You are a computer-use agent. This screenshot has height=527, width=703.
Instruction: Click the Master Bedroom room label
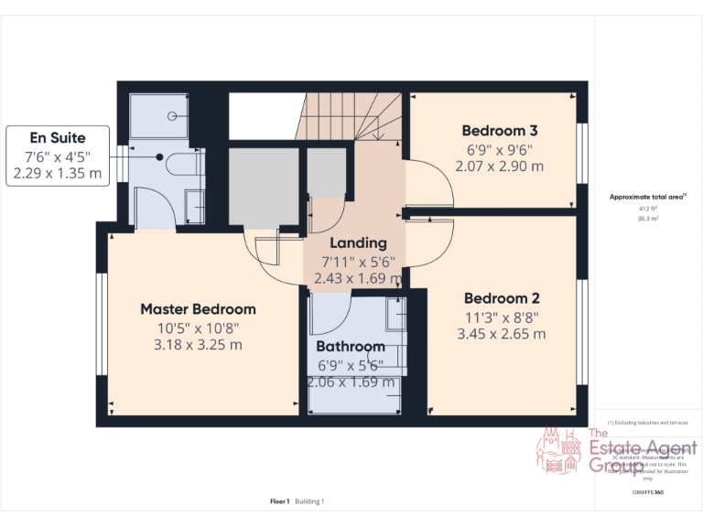point(198,308)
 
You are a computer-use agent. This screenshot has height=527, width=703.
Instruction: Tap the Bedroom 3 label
point(499,130)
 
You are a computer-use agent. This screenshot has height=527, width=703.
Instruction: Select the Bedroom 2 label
point(502,298)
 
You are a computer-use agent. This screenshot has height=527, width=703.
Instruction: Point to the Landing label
point(358,243)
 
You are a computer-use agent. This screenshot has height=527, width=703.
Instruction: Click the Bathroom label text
point(351,347)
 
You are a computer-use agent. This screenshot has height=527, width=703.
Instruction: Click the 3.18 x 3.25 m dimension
point(198,345)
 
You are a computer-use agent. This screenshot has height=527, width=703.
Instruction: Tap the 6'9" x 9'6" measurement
point(499,149)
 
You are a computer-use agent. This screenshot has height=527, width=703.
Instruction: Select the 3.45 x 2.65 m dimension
point(502,334)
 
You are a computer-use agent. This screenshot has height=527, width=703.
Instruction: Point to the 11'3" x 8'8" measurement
point(502,317)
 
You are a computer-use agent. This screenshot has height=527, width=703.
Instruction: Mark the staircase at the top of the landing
point(352,115)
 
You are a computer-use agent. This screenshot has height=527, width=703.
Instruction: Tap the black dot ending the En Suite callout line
point(160,156)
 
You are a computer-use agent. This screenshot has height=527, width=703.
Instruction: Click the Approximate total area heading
point(646,197)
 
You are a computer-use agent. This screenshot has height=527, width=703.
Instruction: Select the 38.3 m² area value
point(648,218)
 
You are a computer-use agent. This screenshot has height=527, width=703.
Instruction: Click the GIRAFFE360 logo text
point(647,492)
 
